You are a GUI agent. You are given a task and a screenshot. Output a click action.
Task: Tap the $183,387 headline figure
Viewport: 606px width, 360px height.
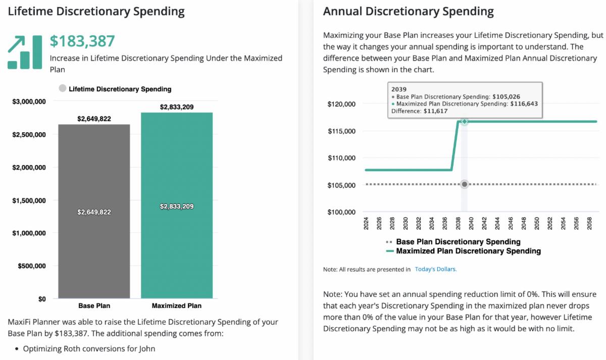(x=82, y=41)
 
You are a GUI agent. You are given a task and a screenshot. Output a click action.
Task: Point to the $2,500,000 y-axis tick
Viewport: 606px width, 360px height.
(x=29, y=135)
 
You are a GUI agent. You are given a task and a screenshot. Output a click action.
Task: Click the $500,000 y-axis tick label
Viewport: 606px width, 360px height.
(x=32, y=266)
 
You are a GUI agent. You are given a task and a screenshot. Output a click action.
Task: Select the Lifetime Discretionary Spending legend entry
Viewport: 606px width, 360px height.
(x=115, y=89)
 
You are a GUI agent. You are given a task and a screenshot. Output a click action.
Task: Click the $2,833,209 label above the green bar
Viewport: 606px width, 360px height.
(x=177, y=107)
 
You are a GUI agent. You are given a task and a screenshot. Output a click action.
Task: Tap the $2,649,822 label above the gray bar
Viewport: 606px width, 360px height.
(x=94, y=119)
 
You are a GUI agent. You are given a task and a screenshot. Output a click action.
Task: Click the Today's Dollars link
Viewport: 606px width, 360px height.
(x=435, y=270)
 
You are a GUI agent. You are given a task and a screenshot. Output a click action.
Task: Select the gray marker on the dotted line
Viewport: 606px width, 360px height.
(x=464, y=184)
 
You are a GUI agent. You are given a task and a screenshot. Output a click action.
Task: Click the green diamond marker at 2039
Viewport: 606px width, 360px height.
(x=464, y=122)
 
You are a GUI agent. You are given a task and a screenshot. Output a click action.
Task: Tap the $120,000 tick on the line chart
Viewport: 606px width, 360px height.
(x=342, y=104)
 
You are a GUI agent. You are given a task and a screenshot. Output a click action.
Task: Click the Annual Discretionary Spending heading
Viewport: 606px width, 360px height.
(x=408, y=11)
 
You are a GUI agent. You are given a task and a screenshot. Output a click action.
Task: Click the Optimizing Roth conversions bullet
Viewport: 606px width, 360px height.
(x=89, y=348)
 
